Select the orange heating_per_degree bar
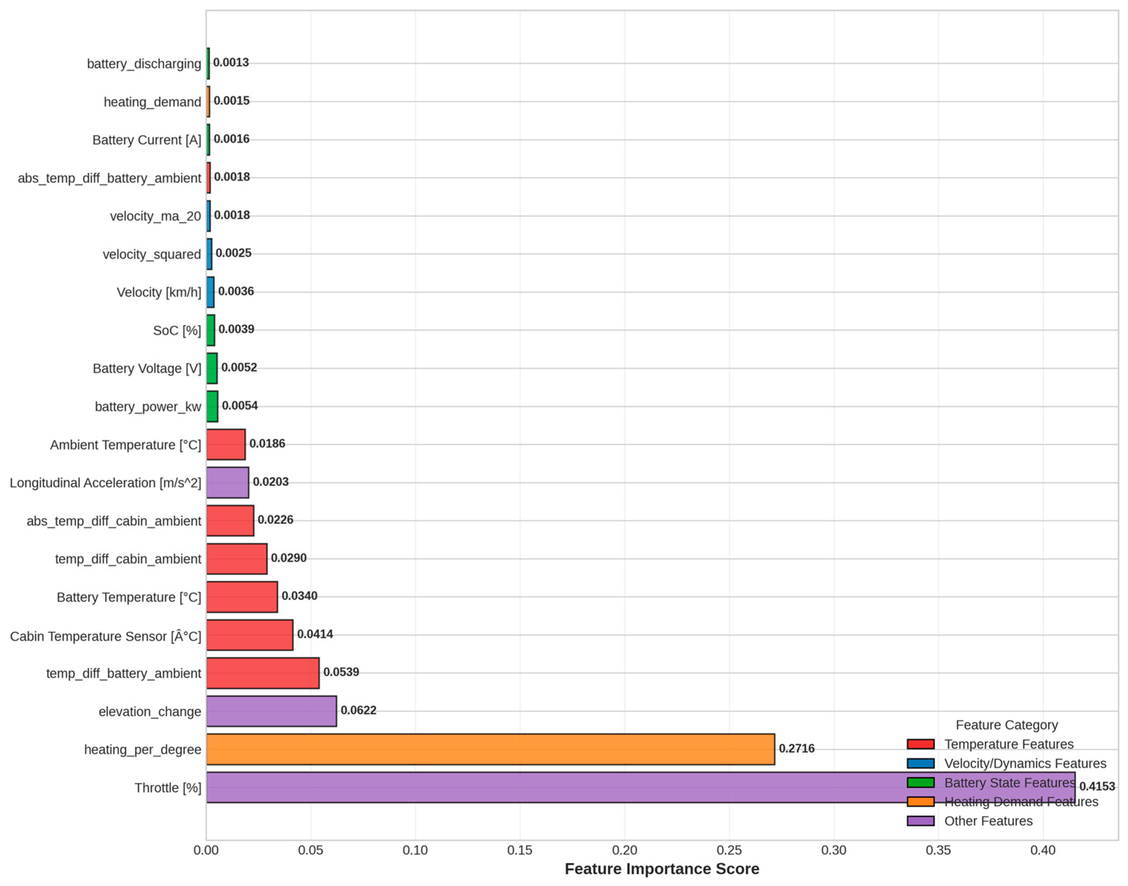[x=490, y=749]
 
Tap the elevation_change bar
[x=271, y=711]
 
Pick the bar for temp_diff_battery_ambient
[x=263, y=673]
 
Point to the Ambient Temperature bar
[x=226, y=444]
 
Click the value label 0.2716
[x=797, y=749]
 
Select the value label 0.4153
[x=1097, y=786]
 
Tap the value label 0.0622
[x=358, y=710]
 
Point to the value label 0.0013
[x=231, y=62]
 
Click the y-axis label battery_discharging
[x=144, y=64]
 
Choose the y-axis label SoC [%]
[x=177, y=330]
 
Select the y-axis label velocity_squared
[x=151, y=254]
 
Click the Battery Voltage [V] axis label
[x=147, y=368]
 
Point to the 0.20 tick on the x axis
[x=624, y=850]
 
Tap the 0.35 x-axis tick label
[x=938, y=850]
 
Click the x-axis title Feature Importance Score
[x=662, y=869]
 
